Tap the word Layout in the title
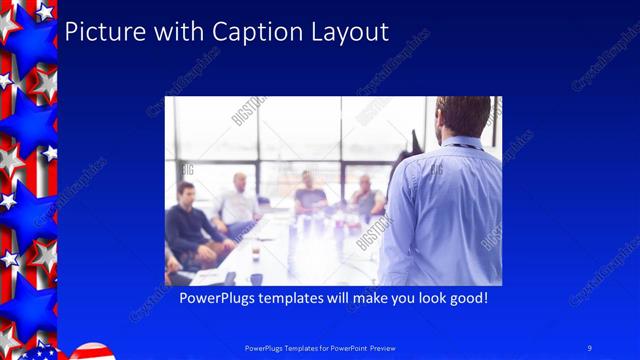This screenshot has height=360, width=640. pos(345,32)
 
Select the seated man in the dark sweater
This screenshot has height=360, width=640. pos(190,225)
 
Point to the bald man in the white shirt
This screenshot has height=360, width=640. pos(240,205)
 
